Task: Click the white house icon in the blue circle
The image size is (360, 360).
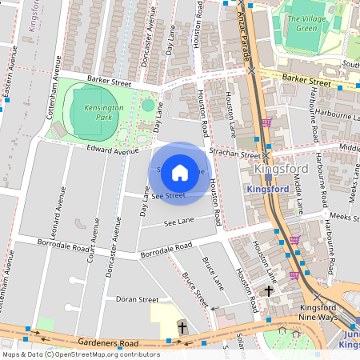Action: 180,172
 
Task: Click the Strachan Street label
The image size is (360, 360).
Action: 234,153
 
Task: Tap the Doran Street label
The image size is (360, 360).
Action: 138,299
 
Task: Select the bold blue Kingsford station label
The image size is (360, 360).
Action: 267,190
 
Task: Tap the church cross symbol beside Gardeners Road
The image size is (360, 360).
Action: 182,327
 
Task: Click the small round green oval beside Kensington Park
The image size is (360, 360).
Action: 148,105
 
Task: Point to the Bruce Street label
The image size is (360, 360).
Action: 195,290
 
